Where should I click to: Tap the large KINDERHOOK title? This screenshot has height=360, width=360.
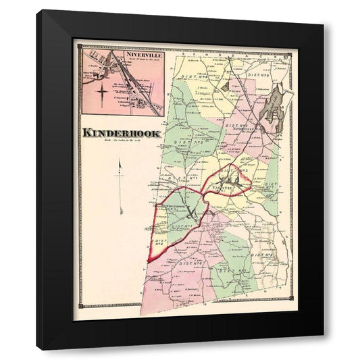[x=122, y=133]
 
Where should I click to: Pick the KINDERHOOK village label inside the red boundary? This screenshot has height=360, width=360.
[x=176, y=205]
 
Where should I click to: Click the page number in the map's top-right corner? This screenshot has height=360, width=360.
[x=286, y=46]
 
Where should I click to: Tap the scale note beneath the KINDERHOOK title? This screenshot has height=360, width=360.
[x=120, y=140]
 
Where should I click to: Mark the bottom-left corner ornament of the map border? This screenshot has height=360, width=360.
[x=80, y=306]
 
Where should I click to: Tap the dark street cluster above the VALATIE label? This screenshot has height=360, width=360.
[x=228, y=177]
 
